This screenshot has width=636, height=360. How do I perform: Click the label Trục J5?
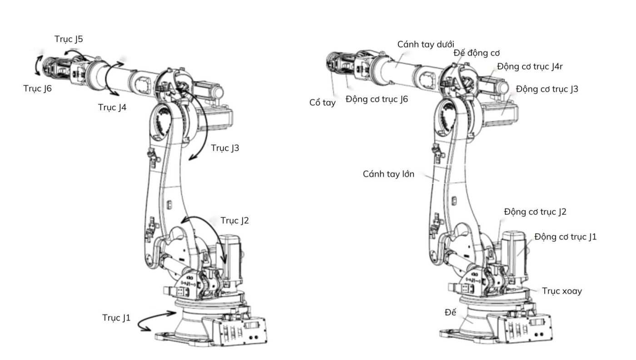click(x=69, y=39)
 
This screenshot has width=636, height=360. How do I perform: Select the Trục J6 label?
click(x=38, y=89)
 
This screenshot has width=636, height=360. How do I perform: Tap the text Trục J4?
click(x=112, y=107)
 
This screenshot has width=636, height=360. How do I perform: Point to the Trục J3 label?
click(x=225, y=148)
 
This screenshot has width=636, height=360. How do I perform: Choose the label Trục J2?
click(x=235, y=221)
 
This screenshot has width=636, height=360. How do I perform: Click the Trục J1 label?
click(x=116, y=318)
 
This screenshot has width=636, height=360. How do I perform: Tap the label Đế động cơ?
click(x=477, y=53)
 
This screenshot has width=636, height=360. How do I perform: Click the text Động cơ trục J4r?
click(x=530, y=66)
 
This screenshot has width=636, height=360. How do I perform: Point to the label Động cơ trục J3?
click(x=547, y=89)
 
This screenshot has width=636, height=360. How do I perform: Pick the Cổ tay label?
click(x=323, y=102)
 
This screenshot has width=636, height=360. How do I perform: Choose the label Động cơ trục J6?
click(x=377, y=99)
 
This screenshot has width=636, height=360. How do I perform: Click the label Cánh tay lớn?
click(x=388, y=174)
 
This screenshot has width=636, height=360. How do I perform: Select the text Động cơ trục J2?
click(x=535, y=212)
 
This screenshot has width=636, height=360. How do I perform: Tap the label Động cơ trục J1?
click(x=566, y=237)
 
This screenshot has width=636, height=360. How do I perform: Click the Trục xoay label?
click(x=562, y=291)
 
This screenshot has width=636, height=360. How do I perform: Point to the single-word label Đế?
click(x=450, y=312)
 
